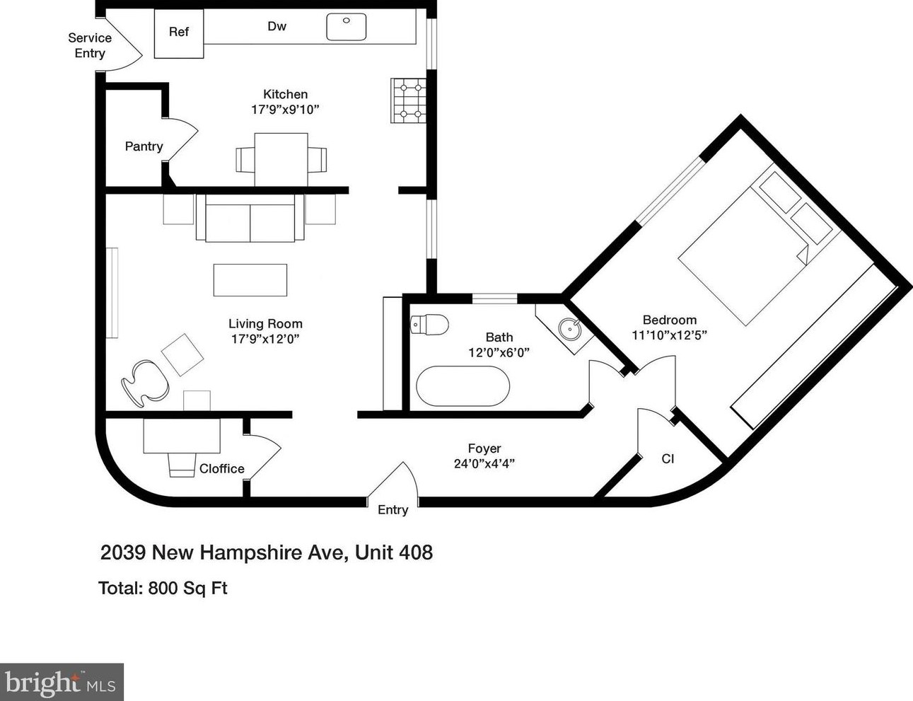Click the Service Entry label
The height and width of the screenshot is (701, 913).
click(90, 45)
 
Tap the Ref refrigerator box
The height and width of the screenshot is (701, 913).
click(179, 33)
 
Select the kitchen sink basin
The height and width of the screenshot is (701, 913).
click(346, 27)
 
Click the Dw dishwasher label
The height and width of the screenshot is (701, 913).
click(277, 26)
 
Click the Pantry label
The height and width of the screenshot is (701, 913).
click(144, 146)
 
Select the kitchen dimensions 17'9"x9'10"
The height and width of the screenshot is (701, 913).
click(285, 110)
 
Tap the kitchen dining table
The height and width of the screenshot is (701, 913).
click(281, 159)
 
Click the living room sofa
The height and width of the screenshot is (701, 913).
click(250, 218)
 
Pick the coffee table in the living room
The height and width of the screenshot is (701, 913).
click(250, 279)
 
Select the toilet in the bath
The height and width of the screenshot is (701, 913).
click(429, 325)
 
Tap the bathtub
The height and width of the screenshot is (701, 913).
click(463, 386)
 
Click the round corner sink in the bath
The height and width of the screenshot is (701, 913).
click(569, 329)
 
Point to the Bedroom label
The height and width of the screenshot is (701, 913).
click(669, 320)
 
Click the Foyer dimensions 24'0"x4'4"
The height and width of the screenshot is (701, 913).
click(484, 464)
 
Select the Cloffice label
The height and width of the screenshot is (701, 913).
click(221, 468)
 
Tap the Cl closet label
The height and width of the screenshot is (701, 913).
click(668, 459)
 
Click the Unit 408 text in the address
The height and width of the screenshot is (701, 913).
click(393, 552)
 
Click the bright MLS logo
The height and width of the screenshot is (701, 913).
click(62, 682)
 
